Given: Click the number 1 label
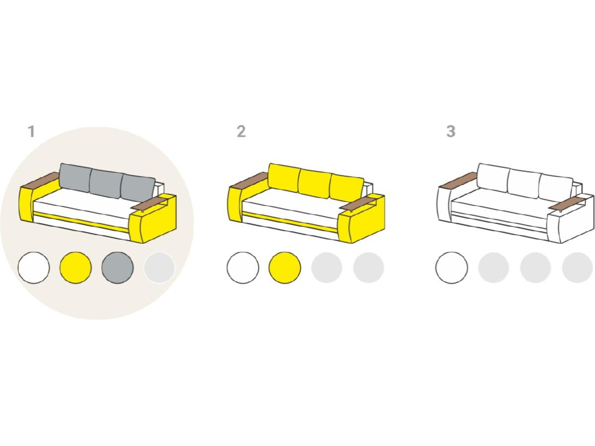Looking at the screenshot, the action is pyautogui.click(x=32, y=132).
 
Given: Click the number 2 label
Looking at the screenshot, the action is pyautogui.click(x=241, y=132).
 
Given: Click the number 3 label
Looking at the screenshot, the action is pyautogui.click(x=451, y=132).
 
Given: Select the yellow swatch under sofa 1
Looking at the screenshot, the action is pyautogui.click(x=76, y=268).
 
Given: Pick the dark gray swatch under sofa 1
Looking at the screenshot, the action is pyautogui.click(x=118, y=268).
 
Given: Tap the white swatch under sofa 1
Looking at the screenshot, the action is pyautogui.click(x=34, y=268).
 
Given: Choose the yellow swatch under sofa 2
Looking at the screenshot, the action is pyautogui.click(x=285, y=268).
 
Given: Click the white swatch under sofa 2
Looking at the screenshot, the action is pyautogui.click(x=243, y=268).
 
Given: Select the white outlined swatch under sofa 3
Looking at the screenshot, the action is pyautogui.click(x=452, y=268).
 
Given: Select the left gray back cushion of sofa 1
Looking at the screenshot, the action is pyautogui.click(x=75, y=178).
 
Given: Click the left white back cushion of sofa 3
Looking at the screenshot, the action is pyautogui.click(x=493, y=178).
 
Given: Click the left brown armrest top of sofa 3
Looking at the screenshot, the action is pyautogui.click(x=458, y=180).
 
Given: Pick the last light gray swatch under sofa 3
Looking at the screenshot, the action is pyautogui.click(x=577, y=268).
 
